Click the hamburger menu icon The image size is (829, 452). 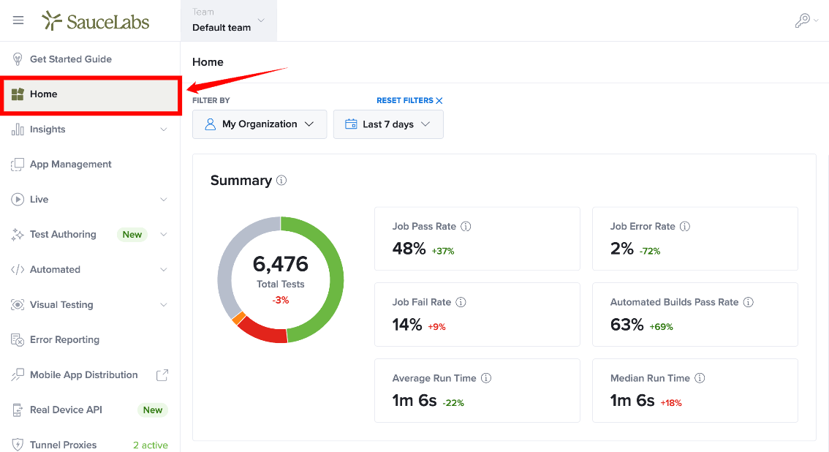click(18, 20)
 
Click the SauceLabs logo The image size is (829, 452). click(96, 20)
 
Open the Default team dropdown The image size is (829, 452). click(228, 20)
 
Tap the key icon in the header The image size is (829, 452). click(803, 20)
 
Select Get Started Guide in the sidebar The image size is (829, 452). click(71, 59)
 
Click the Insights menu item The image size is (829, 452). click(48, 129)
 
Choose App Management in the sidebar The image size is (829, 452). click(71, 165)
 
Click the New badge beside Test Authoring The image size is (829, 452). click(132, 235)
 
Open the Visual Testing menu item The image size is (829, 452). click(61, 305)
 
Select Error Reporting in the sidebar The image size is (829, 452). click(64, 340)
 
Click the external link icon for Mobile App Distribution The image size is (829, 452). click(162, 374)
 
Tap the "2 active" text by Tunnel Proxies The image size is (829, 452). click(151, 445)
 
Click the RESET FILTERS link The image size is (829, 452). click(405, 100)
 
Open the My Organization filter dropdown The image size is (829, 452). click(260, 124)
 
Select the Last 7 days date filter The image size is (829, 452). click(388, 124)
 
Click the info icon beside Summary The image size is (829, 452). click(281, 180)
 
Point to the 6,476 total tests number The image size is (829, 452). click(280, 264)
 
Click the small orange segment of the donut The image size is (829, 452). click(238, 317)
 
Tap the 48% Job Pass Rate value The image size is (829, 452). click(409, 249)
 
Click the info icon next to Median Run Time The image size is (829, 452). click(700, 378)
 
